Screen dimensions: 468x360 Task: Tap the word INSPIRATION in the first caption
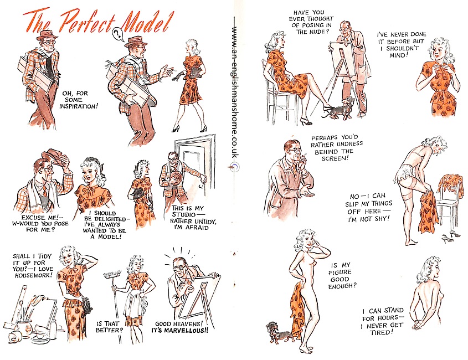(x=79, y=106)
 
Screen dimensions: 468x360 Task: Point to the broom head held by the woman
(x=112, y=274)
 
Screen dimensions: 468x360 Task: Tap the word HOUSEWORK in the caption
(x=33, y=275)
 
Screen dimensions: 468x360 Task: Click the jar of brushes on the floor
(x=25, y=323)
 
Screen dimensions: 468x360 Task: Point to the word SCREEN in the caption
(x=335, y=158)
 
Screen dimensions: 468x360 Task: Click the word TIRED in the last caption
(x=380, y=332)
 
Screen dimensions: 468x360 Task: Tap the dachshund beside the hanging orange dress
(x=276, y=331)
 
